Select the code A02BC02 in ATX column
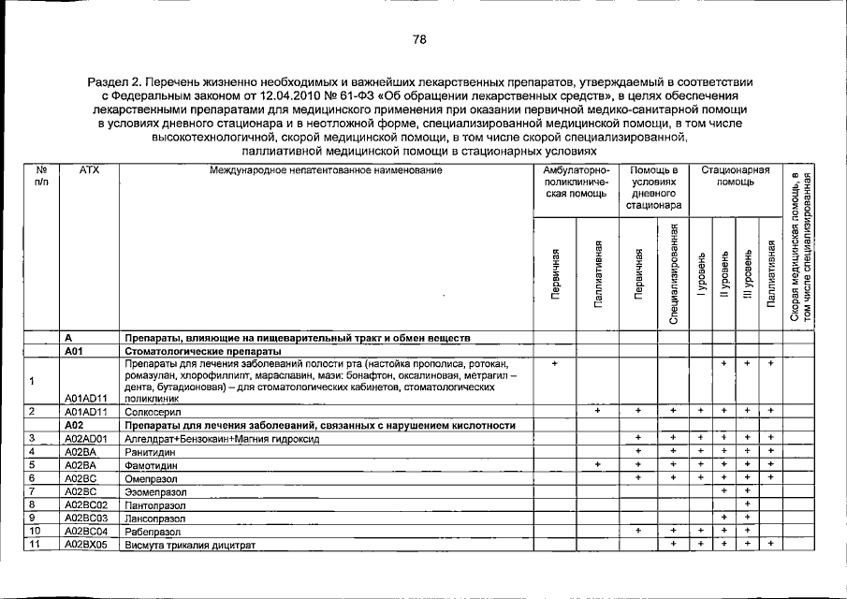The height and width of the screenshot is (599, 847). click(x=88, y=504)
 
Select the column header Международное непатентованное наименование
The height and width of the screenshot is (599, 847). click(x=326, y=170)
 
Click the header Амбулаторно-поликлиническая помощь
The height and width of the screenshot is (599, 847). click(x=576, y=183)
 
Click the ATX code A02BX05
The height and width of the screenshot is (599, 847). click(x=88, y=544)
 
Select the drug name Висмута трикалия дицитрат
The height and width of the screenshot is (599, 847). click(x=190, y=544)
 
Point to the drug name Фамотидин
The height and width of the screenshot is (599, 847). click(x=150, y=464)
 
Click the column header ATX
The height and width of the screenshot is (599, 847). click(x=90, y=170)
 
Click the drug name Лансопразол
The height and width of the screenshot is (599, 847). click(x=156, y=518)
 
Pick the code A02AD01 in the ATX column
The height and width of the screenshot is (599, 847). click(x=88, y=438)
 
